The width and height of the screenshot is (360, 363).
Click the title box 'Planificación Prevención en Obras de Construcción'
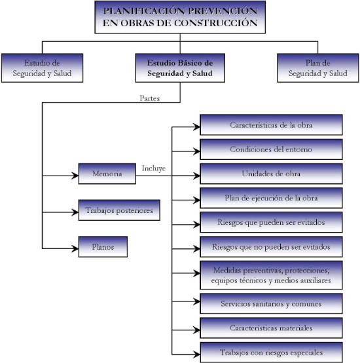tap(180, 17)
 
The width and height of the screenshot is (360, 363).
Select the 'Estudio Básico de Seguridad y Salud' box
tap(180, 68)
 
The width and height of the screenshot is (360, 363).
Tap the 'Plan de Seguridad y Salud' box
tap(318, 68)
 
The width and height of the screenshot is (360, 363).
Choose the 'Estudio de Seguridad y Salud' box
tap(42, 68)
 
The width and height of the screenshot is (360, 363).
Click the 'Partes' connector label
tap(150, 98)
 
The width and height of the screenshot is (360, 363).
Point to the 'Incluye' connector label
tap(154, 168)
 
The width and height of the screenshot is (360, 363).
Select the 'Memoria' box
tap(107, 174)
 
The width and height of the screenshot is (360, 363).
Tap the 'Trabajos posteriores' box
tap(119, 210)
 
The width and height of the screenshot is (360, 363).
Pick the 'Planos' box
tap(103, 246)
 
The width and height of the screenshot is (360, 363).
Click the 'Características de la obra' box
tap(271, 124)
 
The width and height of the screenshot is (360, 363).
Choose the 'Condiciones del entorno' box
tap(271, 149)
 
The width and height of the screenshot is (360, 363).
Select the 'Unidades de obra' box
tap(271, 174)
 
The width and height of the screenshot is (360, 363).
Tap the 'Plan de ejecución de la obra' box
tap(271, 198)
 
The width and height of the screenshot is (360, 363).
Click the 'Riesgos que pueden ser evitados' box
tap(271, 222)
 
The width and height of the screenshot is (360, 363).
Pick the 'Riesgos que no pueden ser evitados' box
tap(271, 247)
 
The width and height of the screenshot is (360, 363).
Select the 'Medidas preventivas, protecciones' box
tap(271, 275)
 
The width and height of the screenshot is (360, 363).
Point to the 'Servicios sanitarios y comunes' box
tap(271, 303)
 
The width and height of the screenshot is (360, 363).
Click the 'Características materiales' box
tap(271, 328)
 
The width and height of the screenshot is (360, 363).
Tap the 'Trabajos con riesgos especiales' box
tap(271, 353)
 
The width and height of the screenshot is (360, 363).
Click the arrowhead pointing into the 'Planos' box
tap(75, 248)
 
